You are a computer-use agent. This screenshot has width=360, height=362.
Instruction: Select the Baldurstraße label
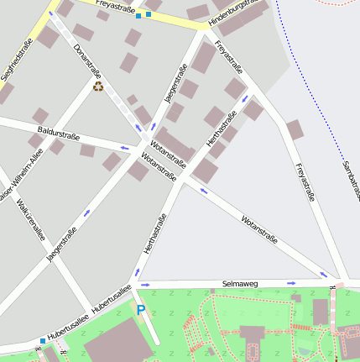pyautogui.click(x=59, y=132)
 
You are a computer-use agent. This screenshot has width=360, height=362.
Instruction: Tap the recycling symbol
pyautogui.click(x=98, y=86)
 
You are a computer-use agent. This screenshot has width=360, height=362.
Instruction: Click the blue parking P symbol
pyautogui.click(x=141, y=310)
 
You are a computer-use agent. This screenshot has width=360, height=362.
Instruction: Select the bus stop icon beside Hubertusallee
pyautogui.click(x=43, y=341)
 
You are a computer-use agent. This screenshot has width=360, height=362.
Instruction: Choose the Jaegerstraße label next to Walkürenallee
pyautogui.click(x=57, y=244)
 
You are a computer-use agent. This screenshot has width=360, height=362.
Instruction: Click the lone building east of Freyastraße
pyautogui.click(x=294, y=130)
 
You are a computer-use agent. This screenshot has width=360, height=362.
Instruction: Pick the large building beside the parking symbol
pyautogui.click(x=114, y=345)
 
